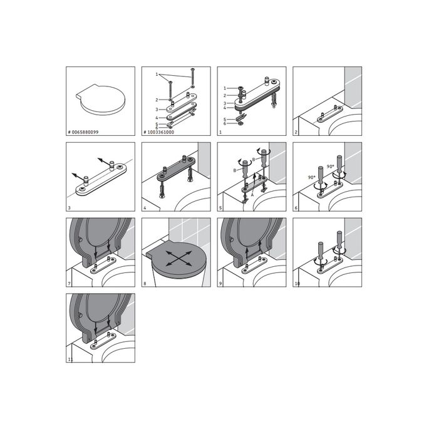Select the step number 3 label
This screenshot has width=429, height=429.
point(70,208)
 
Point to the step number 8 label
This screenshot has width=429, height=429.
point(145,283)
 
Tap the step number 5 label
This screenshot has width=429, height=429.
point(220,208)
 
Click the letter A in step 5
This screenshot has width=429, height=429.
point(252,194)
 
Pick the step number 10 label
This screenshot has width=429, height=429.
point(296,283)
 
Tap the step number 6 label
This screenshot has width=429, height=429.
point(295,208)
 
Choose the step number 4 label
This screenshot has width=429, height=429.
point(145,208)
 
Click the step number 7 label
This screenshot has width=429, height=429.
point(70,283)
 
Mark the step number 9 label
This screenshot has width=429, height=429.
point(220,283)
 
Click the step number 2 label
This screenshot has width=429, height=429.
point(295,133)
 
